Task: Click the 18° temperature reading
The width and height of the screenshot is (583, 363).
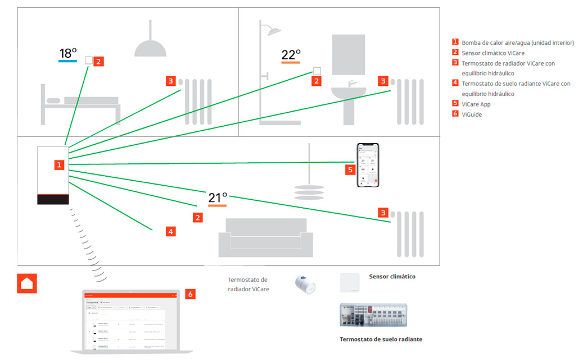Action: [68, 53]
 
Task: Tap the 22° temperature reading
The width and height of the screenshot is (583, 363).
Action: [291, 54]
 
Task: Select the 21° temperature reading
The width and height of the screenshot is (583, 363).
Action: [218, 197]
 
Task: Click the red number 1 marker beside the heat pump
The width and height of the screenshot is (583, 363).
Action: [59, 164]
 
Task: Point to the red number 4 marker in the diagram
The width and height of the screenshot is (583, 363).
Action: [170, 231]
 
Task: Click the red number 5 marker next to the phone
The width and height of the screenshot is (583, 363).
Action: [350, 169]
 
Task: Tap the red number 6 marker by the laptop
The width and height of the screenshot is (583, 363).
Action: [190, 293]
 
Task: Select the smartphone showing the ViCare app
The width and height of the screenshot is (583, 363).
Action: [368, 165]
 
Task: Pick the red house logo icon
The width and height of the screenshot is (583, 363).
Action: [27, 283]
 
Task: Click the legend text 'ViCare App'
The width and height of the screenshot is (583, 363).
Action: [476, 104]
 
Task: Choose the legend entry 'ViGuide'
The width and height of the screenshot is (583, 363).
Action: [472, 114]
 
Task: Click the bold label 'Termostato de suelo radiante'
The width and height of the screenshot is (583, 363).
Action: [381, 339]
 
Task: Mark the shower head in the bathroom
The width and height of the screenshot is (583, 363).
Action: [274, 31]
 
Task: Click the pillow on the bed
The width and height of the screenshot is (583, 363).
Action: [53, 100]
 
